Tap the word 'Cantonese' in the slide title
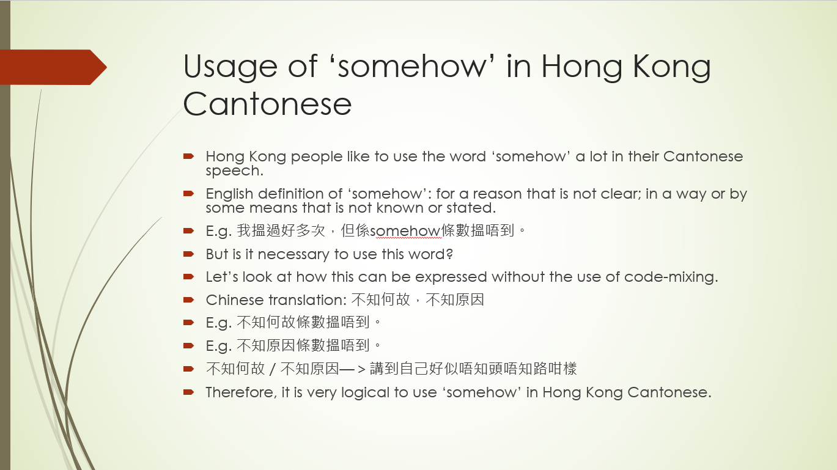267,103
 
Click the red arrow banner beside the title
53,67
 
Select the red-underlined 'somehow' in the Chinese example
405,231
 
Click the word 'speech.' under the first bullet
235,171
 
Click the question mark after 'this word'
449,254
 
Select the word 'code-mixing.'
671,277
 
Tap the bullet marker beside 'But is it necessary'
189,254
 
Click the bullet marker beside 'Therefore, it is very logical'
189,392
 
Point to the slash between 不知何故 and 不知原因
273,369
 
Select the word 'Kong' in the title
671,67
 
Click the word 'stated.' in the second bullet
471,208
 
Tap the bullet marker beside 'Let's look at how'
189,276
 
